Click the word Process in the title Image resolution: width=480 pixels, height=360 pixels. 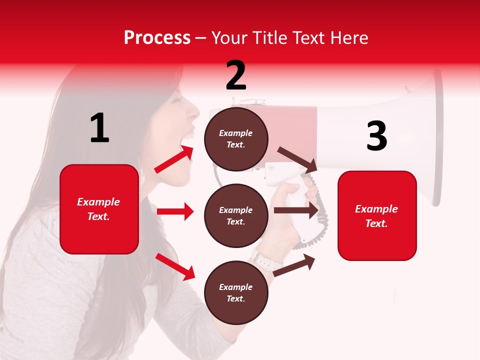tap(157, 38)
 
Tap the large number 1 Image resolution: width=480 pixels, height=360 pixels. tap(99, 128)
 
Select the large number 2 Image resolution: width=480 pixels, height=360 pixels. tap(236, 75)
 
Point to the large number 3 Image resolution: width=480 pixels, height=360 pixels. tap(376, 136)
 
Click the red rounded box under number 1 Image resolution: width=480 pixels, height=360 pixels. tap(99, 209)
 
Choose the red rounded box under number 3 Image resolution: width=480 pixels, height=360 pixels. tap(377, 215)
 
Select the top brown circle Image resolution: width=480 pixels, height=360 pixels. tap(236, 139)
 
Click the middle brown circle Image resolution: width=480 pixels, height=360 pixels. tap(236, 215)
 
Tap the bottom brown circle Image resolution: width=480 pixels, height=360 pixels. tap(236, 292)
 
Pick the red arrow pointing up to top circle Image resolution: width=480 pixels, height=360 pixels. tap(174, 159)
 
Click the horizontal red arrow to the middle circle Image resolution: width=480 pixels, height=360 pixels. tap(175, 211)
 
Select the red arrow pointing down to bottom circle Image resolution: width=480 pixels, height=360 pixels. tap(175, 266)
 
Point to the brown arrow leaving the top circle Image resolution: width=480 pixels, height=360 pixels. tap(297, 159)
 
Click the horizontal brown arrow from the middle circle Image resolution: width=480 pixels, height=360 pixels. tap(296, 210)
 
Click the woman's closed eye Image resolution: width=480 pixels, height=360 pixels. tap(176, 99)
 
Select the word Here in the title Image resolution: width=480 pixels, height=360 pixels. tap(349, 38)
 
